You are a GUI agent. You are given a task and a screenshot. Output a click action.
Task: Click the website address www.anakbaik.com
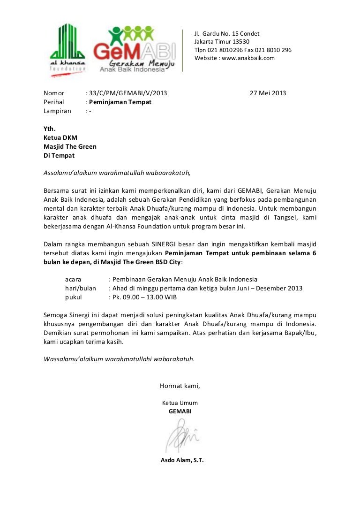[x=248, y=58]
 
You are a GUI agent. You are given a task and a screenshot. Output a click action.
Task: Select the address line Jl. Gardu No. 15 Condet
[x=227, y=33]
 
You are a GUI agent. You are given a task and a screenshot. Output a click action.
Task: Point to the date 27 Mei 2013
[x=268, y=93]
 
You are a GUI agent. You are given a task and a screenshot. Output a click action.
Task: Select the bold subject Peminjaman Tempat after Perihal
[x=120, y=102]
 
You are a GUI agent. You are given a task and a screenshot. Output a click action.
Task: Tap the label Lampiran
[x=57, y=111]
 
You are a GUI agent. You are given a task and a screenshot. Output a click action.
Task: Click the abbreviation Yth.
[x=50, y=129]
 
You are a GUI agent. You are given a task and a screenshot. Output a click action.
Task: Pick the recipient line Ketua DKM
[x=60, y=137]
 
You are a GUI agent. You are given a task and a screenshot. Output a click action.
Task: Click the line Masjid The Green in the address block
[x=70, y=146]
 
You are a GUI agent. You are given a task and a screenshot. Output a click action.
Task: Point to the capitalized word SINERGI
[x=166, y=244]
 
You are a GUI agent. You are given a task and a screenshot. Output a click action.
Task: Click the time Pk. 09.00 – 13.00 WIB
[x=144, y=297]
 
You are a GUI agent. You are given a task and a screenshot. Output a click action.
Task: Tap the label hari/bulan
[x=80, y=288]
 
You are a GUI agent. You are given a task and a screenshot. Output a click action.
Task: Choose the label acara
[x=73, y=279]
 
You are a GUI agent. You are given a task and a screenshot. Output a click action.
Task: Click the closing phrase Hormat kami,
[x=180, y=386]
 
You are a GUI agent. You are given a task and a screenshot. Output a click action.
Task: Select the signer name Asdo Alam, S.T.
[x=182, y=460]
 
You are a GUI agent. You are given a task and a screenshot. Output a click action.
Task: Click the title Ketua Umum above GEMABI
[x=180, y=403]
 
